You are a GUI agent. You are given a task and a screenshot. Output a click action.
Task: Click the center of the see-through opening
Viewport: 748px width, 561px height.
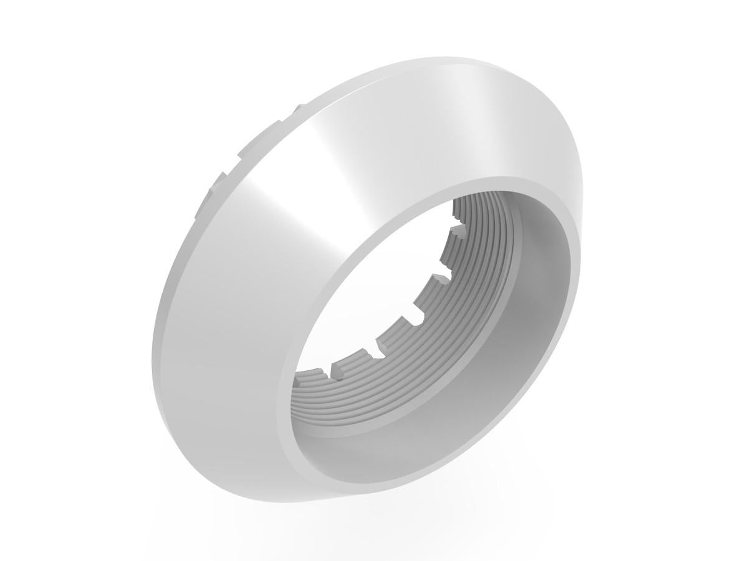pyautogui.click(x=380, y=293)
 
